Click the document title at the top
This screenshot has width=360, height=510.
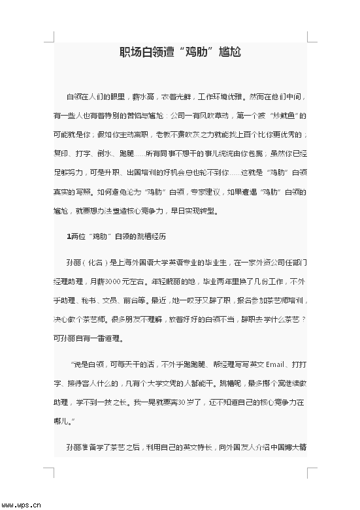tap(180, 52)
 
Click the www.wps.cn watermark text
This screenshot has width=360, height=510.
tap(21, 504)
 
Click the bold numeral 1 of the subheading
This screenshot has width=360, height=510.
tap(69, 236)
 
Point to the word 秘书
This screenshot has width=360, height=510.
tap(90, 300)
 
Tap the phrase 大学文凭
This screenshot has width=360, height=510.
tap(171, 383)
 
